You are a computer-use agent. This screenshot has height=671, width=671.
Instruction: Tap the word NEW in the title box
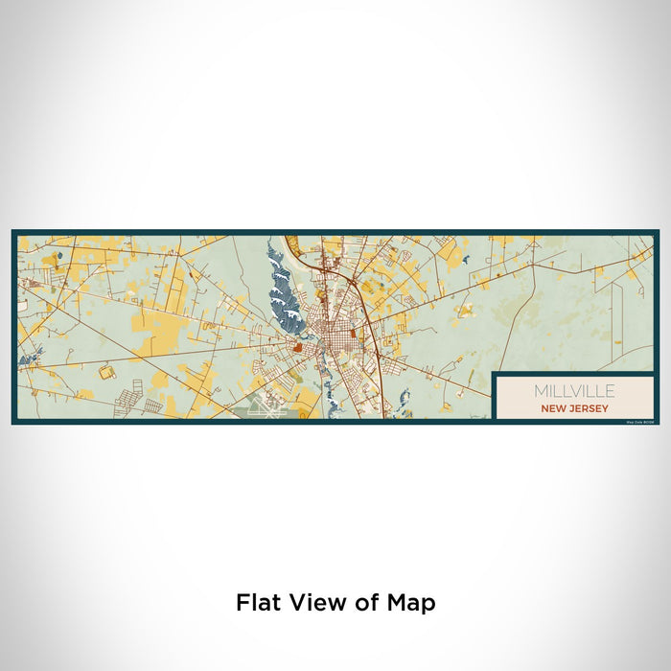point(552,406)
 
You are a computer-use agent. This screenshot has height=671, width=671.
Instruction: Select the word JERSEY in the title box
point(586,406)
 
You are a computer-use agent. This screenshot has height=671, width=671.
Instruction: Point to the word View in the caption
point(314,603)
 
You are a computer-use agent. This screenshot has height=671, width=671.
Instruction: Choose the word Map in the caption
point(411,603)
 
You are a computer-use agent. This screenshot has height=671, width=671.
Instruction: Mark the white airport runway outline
point(260,407)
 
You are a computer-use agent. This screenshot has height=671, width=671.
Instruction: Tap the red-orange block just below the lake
point(297,348)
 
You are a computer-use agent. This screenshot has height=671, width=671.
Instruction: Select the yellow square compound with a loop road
point(103,370)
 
